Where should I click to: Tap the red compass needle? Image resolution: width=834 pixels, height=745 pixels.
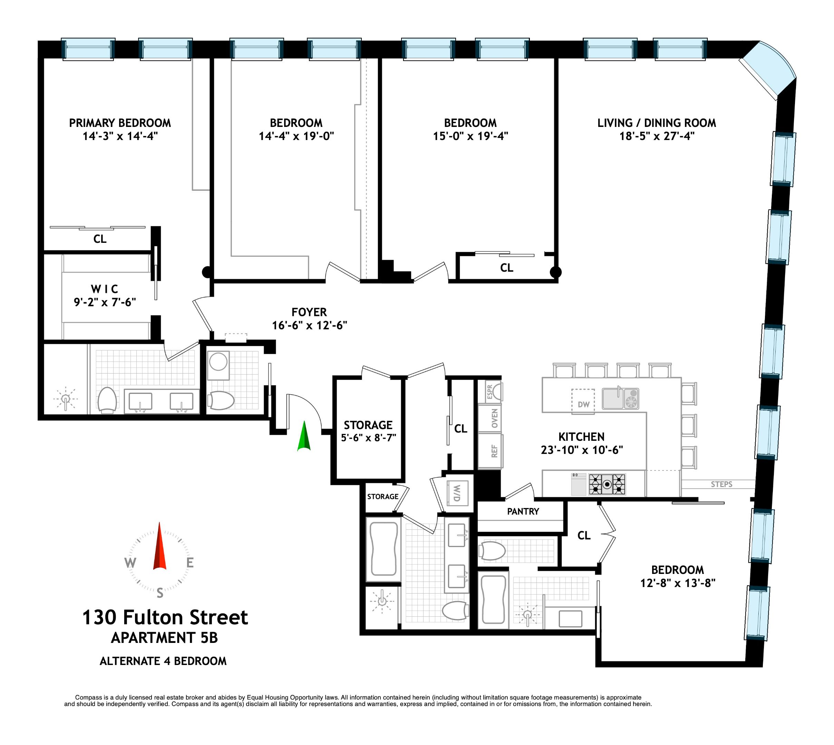click(159, 547)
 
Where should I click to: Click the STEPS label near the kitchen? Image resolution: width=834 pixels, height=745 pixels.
click(721, 484)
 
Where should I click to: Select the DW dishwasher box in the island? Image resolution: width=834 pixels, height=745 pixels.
click(583, 404)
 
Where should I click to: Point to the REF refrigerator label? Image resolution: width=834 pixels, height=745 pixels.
click(494, 451)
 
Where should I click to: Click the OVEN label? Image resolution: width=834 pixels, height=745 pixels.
click(494, 418)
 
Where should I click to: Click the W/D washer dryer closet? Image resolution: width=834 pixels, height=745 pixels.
click(456, 493)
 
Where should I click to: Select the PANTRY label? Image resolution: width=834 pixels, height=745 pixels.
click(523, 511)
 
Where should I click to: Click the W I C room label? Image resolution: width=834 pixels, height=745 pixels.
click(105, 289)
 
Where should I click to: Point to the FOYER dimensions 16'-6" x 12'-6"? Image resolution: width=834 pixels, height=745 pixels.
click(309, 326)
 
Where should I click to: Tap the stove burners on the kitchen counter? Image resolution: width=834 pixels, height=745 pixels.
click(607, 485)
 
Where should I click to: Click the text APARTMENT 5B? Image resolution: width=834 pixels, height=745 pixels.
click(164, 638)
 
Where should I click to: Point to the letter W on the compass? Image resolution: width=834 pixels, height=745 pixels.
click(130, 563)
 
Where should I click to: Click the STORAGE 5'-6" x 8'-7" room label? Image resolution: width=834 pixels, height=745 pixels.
click(368, 431)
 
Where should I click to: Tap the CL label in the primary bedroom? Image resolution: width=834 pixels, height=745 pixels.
click(100, 239)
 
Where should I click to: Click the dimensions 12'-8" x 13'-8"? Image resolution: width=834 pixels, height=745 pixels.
click(678, 583)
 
